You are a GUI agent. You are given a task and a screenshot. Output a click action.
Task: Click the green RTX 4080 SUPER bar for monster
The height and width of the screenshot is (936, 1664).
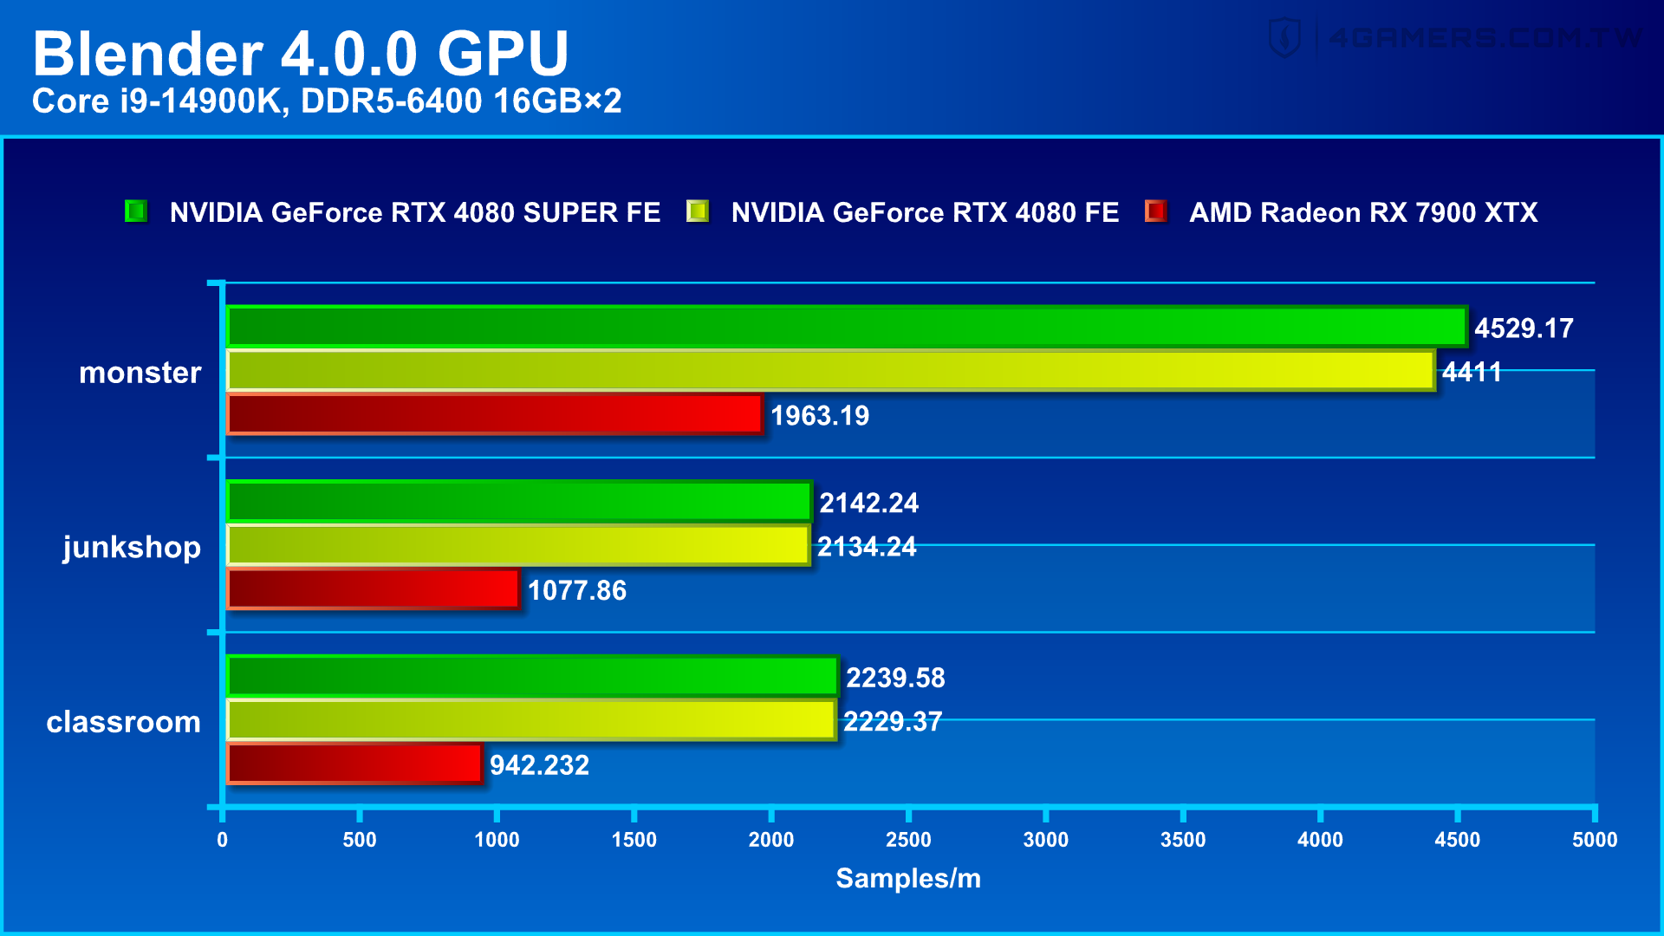(846, 327)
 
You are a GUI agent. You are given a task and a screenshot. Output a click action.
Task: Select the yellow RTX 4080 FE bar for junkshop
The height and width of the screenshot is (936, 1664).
(518, 546)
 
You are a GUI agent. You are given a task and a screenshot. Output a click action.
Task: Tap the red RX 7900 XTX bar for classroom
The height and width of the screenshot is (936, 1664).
(354, 764)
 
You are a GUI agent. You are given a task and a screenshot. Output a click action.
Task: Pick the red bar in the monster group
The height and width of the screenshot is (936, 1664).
(495, 414)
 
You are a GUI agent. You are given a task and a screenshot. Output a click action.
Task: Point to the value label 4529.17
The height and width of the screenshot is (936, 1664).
(1524, 328)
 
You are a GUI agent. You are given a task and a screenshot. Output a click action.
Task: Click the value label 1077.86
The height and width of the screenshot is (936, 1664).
(576, 591)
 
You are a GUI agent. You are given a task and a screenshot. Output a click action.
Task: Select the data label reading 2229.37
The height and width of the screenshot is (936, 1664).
(892, 721)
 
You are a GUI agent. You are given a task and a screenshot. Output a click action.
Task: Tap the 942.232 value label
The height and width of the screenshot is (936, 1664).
(539, 765)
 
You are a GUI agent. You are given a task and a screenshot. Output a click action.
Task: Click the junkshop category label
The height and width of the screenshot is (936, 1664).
(132, 548)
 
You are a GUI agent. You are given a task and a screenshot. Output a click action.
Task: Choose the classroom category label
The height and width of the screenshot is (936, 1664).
(123, 722)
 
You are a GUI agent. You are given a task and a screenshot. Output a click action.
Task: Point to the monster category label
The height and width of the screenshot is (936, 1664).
(140, 373)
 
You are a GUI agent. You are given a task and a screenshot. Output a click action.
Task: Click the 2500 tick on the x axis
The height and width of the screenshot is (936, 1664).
(908, 839)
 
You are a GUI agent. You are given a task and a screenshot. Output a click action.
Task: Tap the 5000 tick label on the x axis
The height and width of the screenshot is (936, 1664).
(1595, 839)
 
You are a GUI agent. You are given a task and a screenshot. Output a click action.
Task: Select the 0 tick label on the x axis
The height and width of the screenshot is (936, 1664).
(223, 839)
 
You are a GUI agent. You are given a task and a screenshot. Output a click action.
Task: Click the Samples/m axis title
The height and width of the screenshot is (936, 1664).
(908, 878)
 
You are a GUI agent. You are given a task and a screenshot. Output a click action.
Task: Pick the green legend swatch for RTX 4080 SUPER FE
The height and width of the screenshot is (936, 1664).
(136, 211)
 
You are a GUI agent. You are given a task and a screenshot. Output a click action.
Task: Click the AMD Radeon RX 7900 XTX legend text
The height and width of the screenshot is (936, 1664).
(1363, 212)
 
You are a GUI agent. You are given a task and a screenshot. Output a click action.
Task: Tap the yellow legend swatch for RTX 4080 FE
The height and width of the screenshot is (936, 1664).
(698, 211)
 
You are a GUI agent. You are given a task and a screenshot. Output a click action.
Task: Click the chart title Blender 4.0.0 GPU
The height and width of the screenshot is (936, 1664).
(300, 54)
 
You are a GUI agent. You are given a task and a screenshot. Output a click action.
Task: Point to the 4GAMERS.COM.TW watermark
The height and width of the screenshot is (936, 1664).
(1456, 38)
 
